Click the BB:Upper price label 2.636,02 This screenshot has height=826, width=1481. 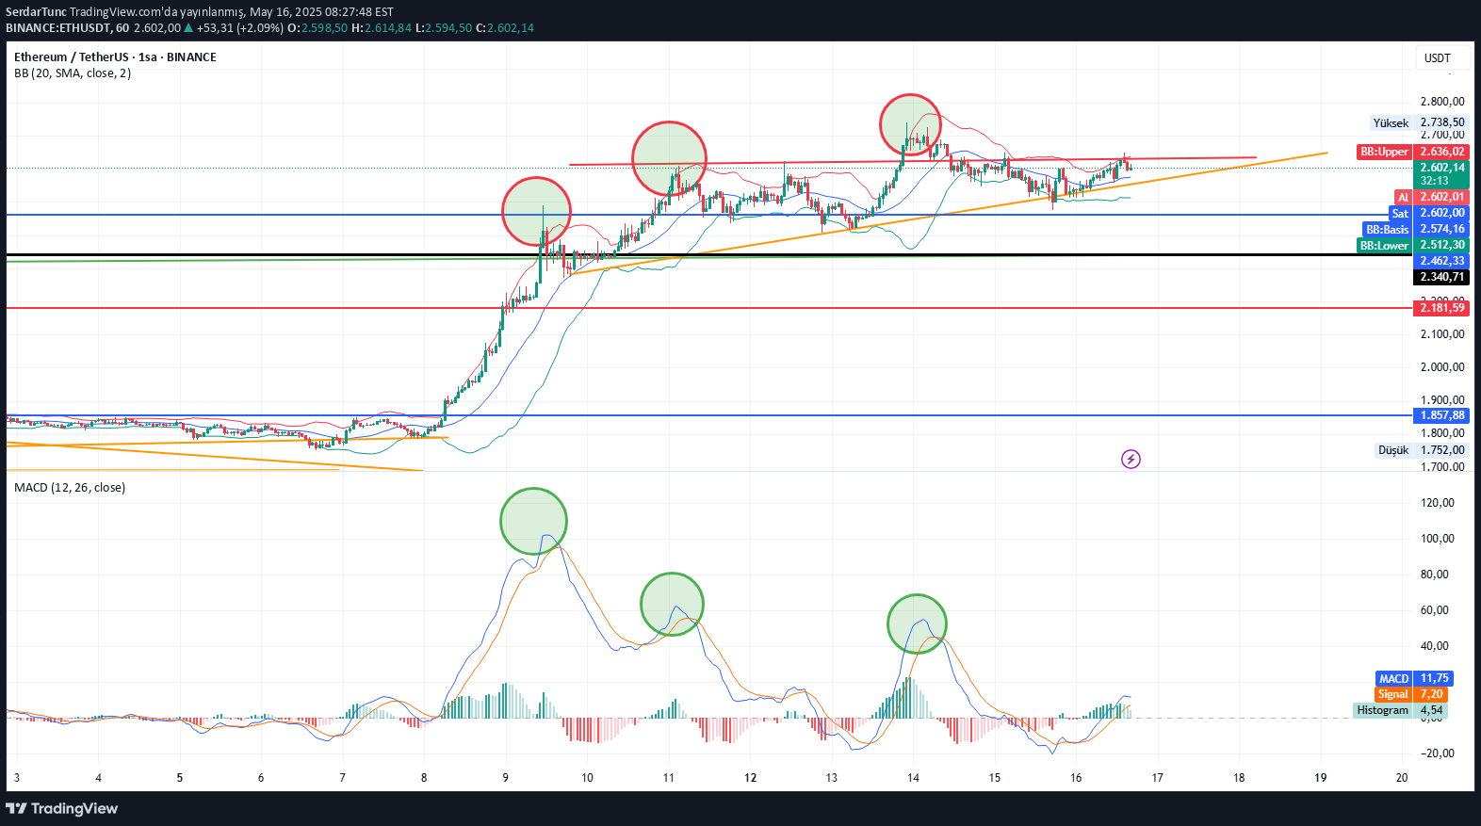coord(1441,152)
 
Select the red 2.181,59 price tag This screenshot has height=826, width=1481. coord(1441,308)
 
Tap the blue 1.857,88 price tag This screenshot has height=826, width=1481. coord(1441,415)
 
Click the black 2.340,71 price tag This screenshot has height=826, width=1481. coord(1441,277)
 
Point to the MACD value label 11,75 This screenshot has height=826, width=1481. coord(1434,678)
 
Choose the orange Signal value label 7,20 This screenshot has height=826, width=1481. coord(1432,694)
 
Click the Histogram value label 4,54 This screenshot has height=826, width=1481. coord(1431,710)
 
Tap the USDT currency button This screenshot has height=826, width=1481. coord(1438,58)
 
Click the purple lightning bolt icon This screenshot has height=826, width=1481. coord(1131,459)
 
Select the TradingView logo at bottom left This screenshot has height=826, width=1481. coord(62,808)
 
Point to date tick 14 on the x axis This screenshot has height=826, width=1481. coord(913,778)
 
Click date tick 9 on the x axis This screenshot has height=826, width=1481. coord(506,778)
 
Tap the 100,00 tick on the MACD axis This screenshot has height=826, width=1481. coord(1437,539)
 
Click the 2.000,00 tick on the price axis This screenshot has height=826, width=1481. coord(1441,367)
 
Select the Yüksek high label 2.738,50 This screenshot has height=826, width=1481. coord(1441,122)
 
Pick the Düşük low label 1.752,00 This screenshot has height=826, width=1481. coord(1441,450)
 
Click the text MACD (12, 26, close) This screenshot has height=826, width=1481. coord(70,488)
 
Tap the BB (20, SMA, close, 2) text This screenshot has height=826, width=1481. coord(73,73)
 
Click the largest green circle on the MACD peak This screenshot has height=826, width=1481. coord(533,521)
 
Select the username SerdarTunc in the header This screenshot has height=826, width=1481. coord(36,12)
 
